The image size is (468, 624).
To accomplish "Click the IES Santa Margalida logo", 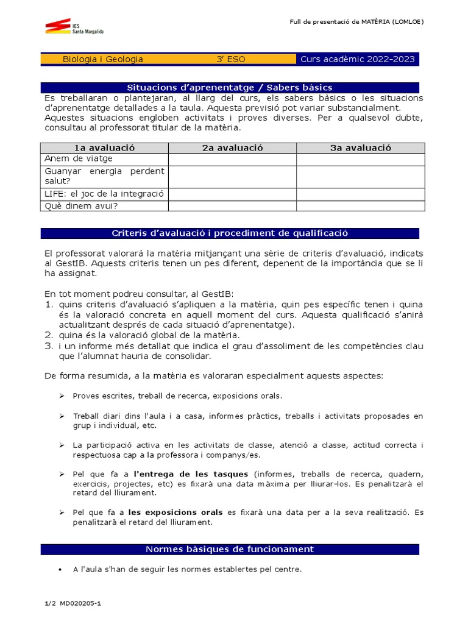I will pos(73,27).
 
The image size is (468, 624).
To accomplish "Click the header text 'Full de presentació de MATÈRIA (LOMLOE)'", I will pos(356,22).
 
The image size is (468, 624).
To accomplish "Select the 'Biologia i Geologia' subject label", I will pos(103,59).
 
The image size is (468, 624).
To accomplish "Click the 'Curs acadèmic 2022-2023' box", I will pos(358,59).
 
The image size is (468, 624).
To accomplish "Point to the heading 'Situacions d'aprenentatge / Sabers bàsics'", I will pos(230,88).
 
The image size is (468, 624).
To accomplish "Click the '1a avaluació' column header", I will pos(104,148).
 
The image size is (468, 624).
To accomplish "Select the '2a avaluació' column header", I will pos(232,148).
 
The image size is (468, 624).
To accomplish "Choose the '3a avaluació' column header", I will pos(361,148).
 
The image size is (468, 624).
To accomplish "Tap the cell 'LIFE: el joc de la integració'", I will pos(104,194).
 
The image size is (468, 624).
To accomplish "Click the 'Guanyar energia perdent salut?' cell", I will pos(104,176).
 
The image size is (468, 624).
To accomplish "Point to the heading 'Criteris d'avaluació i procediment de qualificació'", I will pos(230,233).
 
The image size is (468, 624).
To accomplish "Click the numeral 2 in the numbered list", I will pos(49,335).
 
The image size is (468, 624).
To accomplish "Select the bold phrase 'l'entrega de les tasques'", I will pos(191,474).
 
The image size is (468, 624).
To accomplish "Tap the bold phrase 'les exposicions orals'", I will pos(175,512).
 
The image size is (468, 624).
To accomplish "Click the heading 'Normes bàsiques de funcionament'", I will pos(230,549).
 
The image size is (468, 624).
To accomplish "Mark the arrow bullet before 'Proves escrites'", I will pos(62,396).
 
